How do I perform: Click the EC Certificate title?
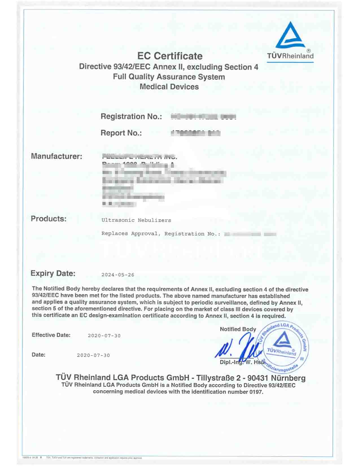click(x=170, y=56)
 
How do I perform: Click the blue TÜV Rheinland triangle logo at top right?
click(x=290, y=35)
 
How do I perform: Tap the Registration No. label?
click(x=131, y=116)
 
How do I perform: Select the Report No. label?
click(x=121, y=133)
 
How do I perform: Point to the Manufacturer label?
click(x=56, y=156)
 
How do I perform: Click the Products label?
click(x=49, y=219)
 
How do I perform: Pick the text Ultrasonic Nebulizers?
click(x=136, y=220)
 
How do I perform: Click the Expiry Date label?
click(x=53, y=273)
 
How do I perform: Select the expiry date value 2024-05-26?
click(x=118, y=275)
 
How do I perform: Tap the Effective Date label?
click(x=51, y=335)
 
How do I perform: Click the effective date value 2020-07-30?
click(x=104, y=336)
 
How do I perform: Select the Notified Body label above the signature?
click(x=238, y=329)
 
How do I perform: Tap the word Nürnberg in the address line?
click(x=288, y=378)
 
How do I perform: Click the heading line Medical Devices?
click(x=169, y=87)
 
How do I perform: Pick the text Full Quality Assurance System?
click(x=169, y=77)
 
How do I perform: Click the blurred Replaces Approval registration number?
click(x=250, y=234)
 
